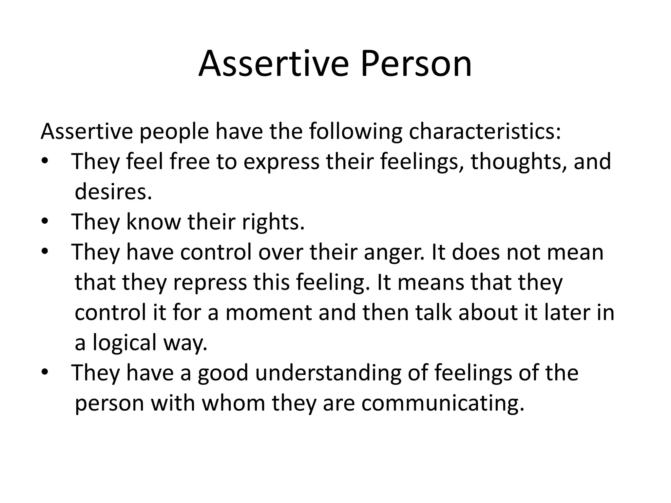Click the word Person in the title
[416, 64]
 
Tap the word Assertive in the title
[274, 64]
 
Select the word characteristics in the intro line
[485, 132]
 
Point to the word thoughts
[519, 162]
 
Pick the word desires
[113, 192]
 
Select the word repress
[210, 283]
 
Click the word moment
[269, 313]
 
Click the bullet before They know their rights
[45, 222]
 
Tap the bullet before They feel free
[45, 161]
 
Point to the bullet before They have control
[45, 252]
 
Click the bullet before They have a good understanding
[45, 372]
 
